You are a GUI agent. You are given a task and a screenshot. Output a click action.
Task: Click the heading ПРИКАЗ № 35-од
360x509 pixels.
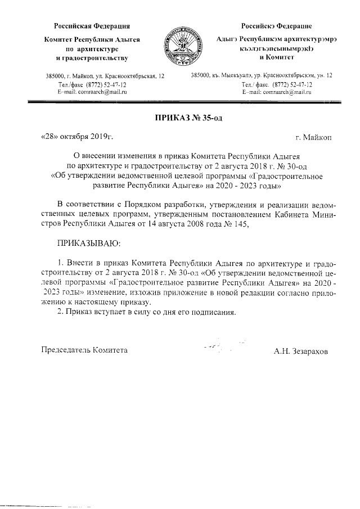tap(180, 117)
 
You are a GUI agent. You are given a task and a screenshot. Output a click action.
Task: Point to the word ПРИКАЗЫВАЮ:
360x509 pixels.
tap(88, 242)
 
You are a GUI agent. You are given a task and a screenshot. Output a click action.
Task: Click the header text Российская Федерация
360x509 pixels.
tap(92, 26)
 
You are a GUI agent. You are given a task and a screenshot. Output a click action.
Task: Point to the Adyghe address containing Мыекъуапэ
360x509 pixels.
tap(261, 75)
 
